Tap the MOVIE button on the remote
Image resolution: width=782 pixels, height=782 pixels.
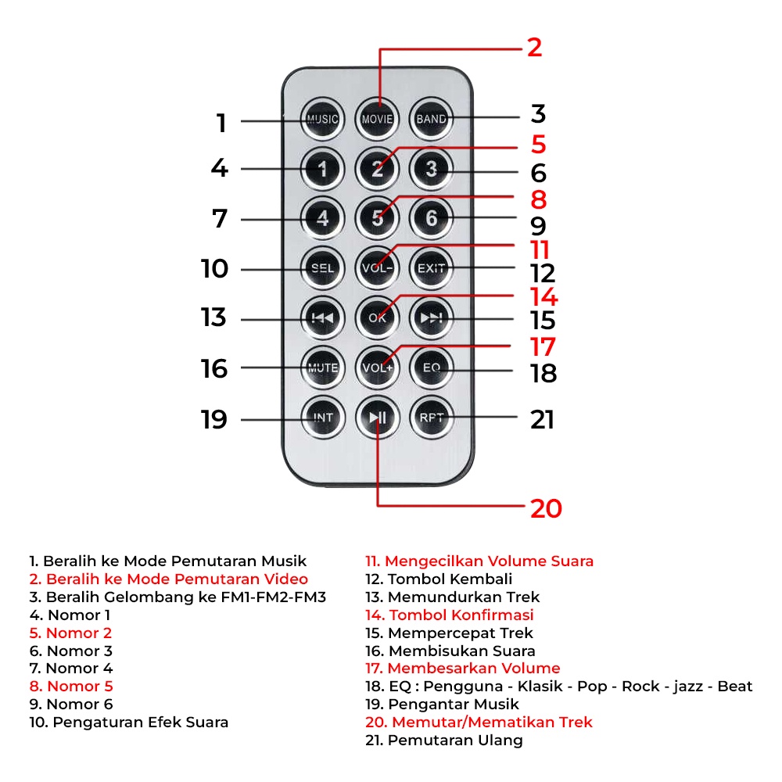[x=377, y=120]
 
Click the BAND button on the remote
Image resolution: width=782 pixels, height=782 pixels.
[x=431, y=120]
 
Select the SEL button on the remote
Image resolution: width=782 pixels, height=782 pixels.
[x=323, y=268]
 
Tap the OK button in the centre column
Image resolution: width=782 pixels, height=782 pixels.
[x=377, y=317]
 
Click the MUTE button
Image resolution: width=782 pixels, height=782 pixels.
[x=323, y=368]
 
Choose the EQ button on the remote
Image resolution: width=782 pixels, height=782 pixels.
[x=431, y=368]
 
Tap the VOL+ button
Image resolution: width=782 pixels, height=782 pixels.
[x=377, y=368]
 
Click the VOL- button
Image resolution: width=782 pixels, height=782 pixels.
[x=377, y=268]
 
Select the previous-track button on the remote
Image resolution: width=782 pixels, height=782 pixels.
[x=323, y=317]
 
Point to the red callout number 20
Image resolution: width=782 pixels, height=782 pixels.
[x=546, y=508]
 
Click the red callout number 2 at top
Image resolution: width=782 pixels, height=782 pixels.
[x=534, y=48]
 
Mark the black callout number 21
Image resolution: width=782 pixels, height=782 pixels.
[x=542, y=420]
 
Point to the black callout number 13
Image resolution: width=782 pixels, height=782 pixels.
[x=213, y=317]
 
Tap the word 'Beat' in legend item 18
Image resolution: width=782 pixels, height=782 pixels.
[x=735, y=687]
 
